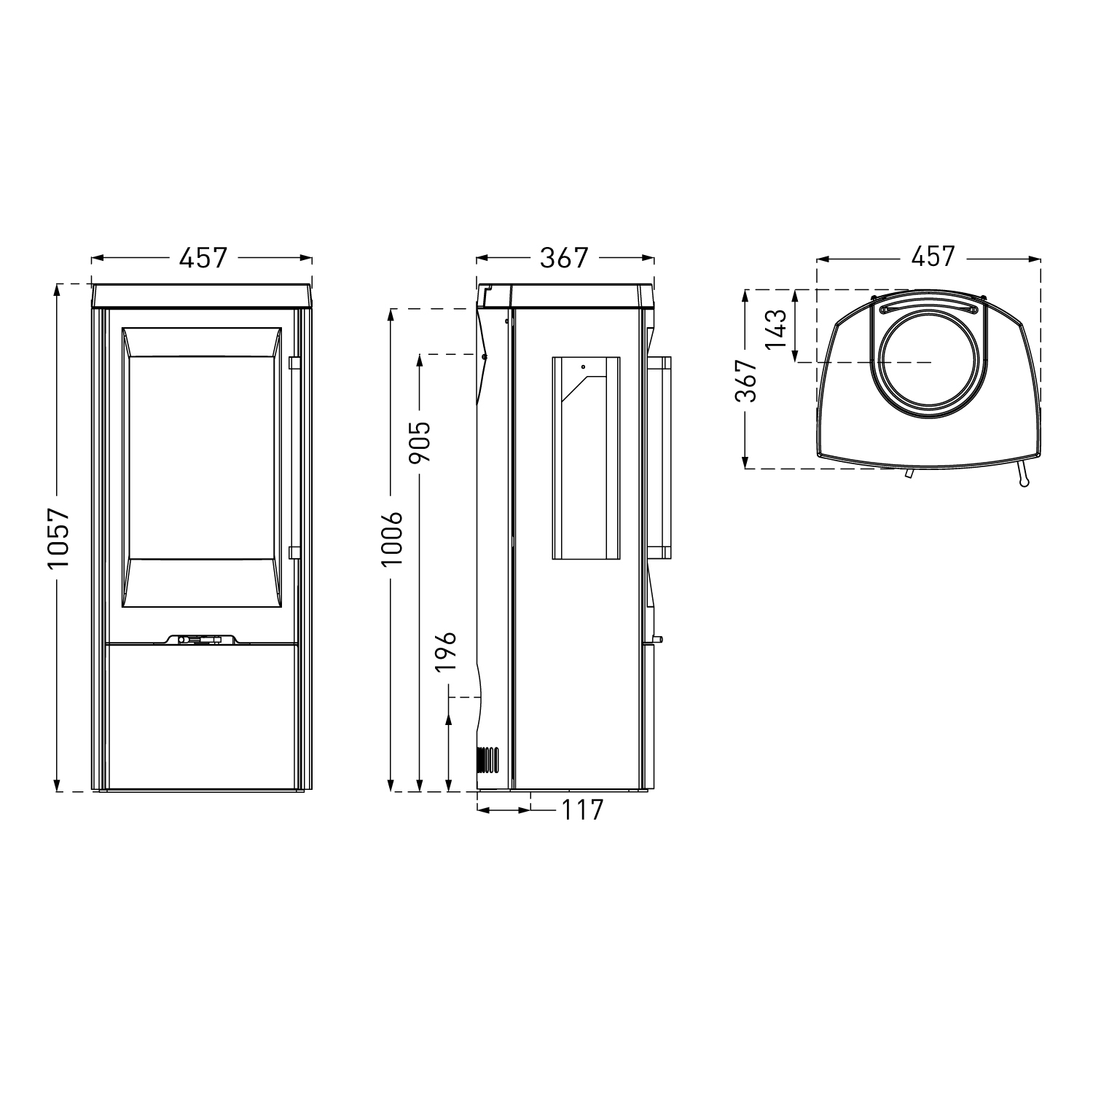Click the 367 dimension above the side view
tap(563, 257)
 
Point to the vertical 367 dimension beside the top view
tap(746, 380)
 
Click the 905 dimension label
tap(420, 442)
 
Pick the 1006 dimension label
tap(392, 539)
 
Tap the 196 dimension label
tap(447, 651)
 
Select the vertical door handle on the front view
tap(294, 458)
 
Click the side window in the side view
tap(586, 458)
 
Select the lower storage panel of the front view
tap(202, 714)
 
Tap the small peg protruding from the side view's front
tap(658, 640)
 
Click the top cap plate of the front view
tap(203, 294)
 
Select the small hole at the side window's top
tap(583, 367)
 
